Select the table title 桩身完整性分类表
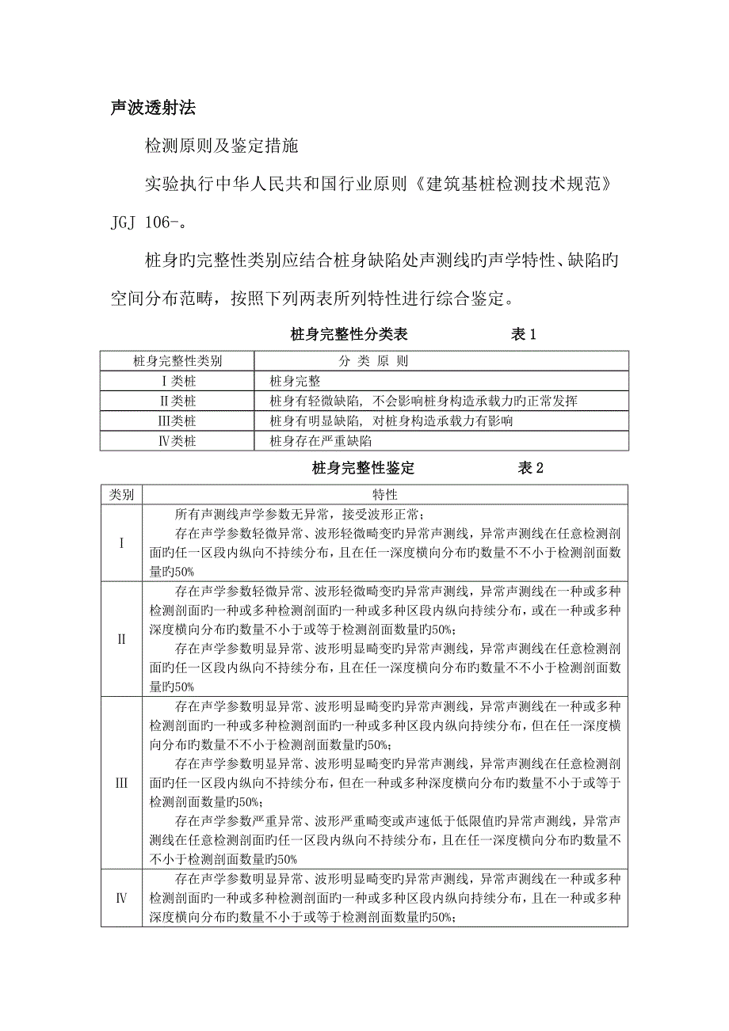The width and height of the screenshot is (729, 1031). [x=349, y=334]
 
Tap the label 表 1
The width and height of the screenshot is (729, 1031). [x=522, y=334]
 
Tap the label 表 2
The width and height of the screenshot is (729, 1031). [x=530, y=468]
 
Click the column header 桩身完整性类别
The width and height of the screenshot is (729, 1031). [x=177, y=361]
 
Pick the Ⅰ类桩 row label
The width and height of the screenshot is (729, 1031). [x=177, y=381]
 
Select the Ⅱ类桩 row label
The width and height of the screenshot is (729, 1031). [x=177, y=401]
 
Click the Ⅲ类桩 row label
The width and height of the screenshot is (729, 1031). [x=177, y=420]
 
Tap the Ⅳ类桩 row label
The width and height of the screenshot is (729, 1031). [x=177, y=440]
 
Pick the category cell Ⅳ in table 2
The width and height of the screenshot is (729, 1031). [x=121, y=898]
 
